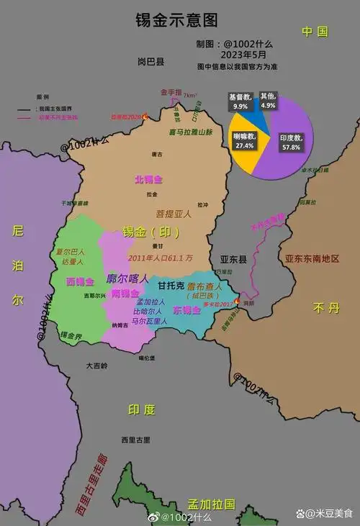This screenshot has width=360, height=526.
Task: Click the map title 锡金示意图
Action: click(x=176, y=19)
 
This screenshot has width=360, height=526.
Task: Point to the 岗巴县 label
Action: click(x=150, y=62)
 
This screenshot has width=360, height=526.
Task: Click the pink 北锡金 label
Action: click(x=148, y=179)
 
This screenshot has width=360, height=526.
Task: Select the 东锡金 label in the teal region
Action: click(x=186, y=310)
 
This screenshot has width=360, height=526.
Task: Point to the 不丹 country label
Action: click(x=320, y=308)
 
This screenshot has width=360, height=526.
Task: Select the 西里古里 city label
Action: click(x=135, y=439)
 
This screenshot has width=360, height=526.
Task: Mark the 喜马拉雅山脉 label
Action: click(x=191, y=132)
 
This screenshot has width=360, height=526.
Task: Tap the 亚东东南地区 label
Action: click(x=311, y=258)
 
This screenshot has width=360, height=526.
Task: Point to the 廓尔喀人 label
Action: click(x=127, y=278)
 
